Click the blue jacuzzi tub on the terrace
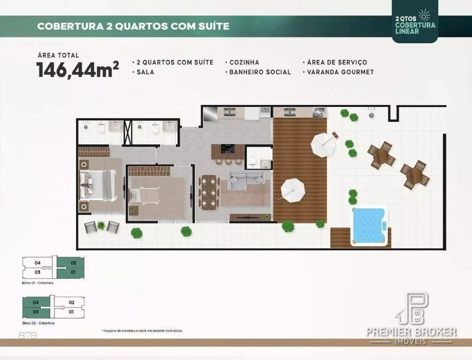pos(369,226)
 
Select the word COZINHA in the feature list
pos(244,62)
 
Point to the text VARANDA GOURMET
pos(340,72)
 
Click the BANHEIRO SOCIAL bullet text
pos(260,72)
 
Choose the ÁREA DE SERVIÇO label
pos(337,62)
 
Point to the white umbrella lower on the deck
pos(293,190)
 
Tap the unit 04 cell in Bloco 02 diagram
pos(36,302)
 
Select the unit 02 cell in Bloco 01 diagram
pos(73,262)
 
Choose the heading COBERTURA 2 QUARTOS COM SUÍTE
pos(133,26)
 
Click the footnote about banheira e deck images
pos(142,331)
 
